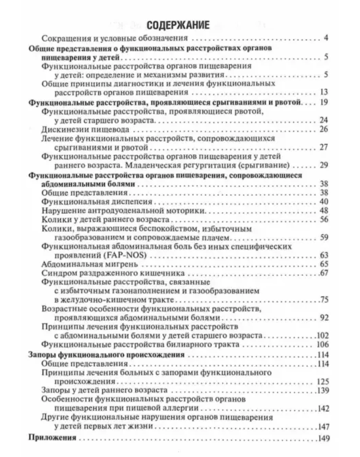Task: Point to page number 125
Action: [x=323, y=382]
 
